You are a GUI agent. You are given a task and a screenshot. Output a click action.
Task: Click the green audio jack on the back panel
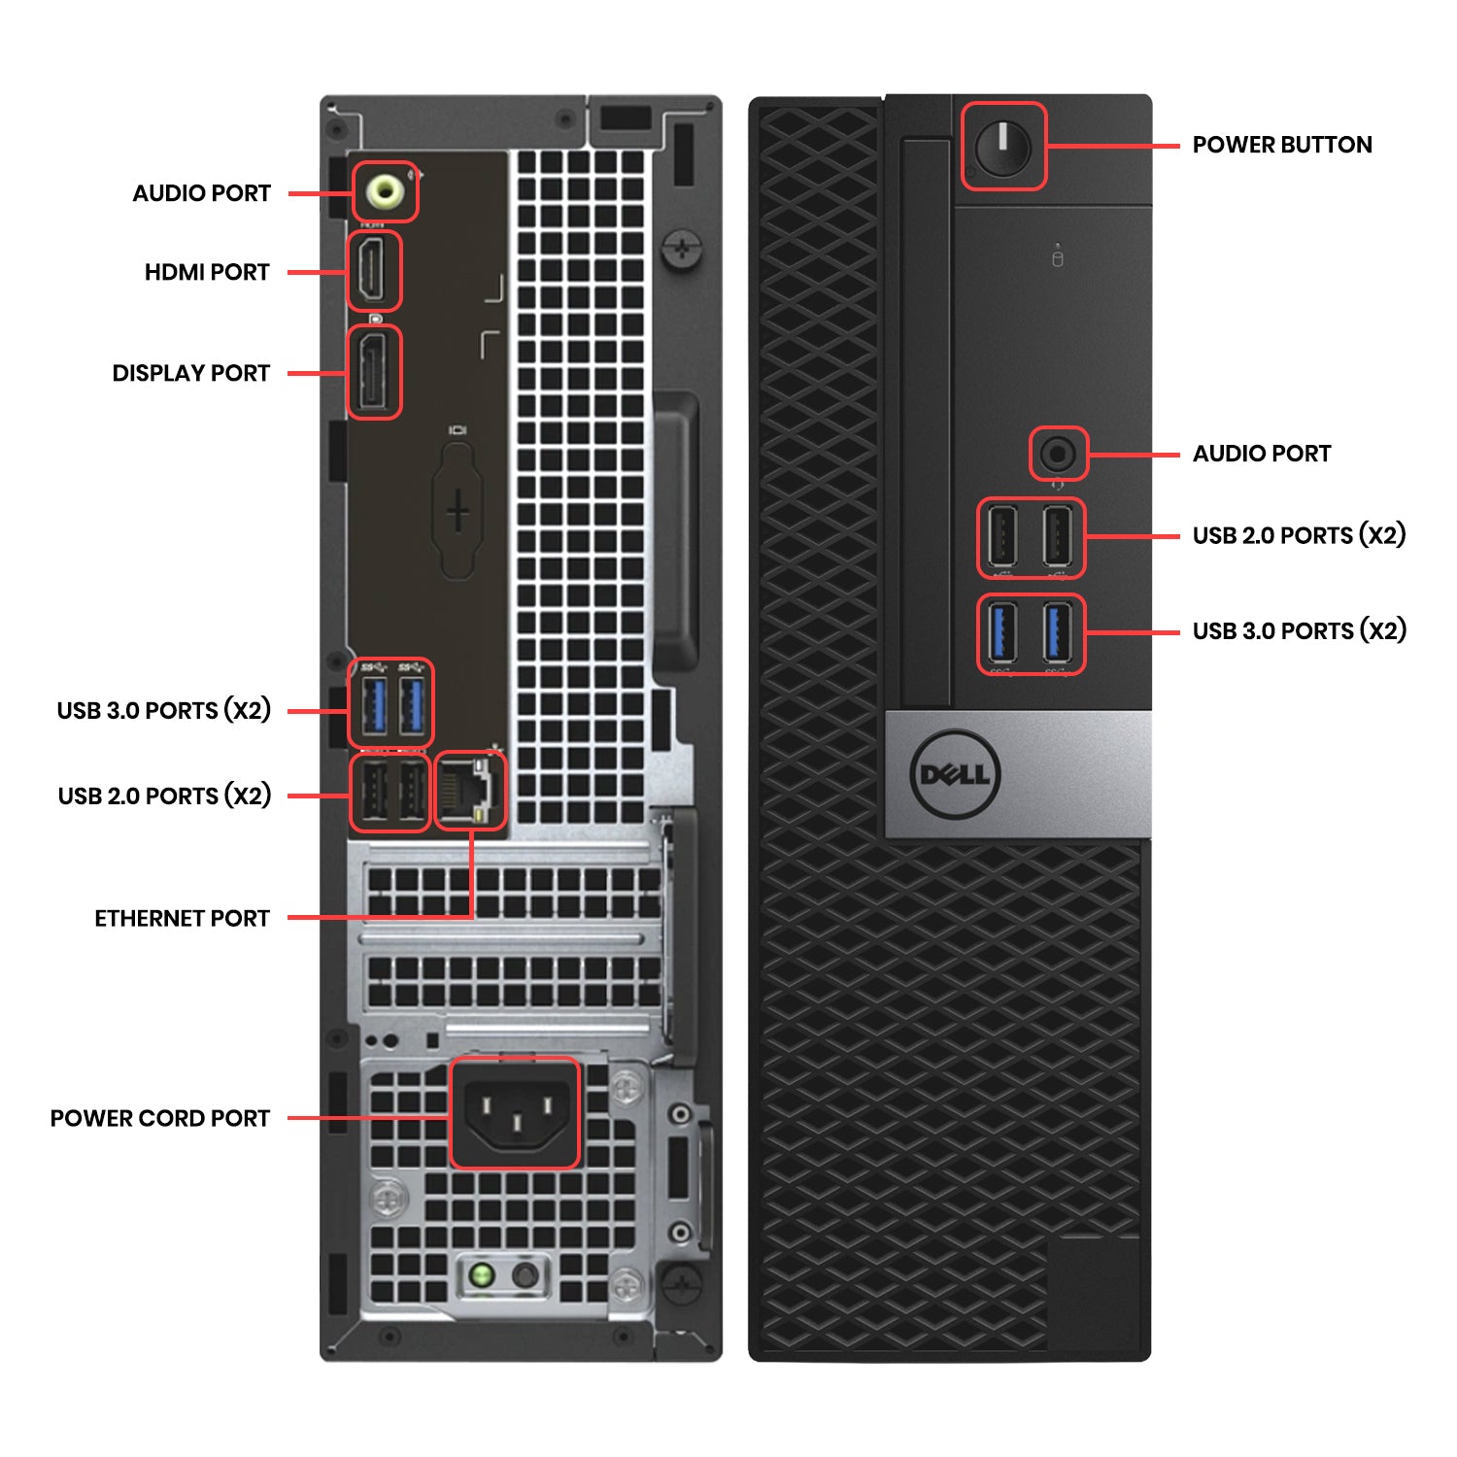(x=384, y=191)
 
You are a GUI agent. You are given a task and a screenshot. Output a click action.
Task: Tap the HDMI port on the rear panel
(x=373, y=271)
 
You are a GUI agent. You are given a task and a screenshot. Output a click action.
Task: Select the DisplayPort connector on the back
(x=373, y=372)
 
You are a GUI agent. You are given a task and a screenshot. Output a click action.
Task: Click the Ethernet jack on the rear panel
(x=470, y=789)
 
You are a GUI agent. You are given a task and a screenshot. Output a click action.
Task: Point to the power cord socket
(x=514, y=1112)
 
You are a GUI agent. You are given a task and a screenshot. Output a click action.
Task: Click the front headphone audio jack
(x=1058, y=454)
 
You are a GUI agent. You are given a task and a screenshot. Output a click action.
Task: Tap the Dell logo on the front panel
(x=956, y=774)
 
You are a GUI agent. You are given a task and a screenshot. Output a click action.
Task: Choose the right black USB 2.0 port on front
(x=1057, y=537)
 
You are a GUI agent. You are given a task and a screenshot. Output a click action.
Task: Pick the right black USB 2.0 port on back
(x=412, y=793)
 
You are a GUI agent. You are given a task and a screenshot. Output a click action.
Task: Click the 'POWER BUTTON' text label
(x=1281, y=145)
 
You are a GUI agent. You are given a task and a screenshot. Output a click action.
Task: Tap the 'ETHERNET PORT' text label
(x=182, y=919)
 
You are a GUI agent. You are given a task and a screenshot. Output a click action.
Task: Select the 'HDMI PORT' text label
(x=207, y=272)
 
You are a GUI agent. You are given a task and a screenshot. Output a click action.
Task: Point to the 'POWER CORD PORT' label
(x=160, y=1119)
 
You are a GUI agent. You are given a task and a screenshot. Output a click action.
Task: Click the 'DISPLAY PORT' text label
(x=190, y=373)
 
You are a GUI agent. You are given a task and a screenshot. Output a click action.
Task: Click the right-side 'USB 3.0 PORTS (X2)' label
(x=1299, y=631)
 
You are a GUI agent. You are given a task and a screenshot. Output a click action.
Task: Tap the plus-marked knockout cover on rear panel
(x=457, y=511)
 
